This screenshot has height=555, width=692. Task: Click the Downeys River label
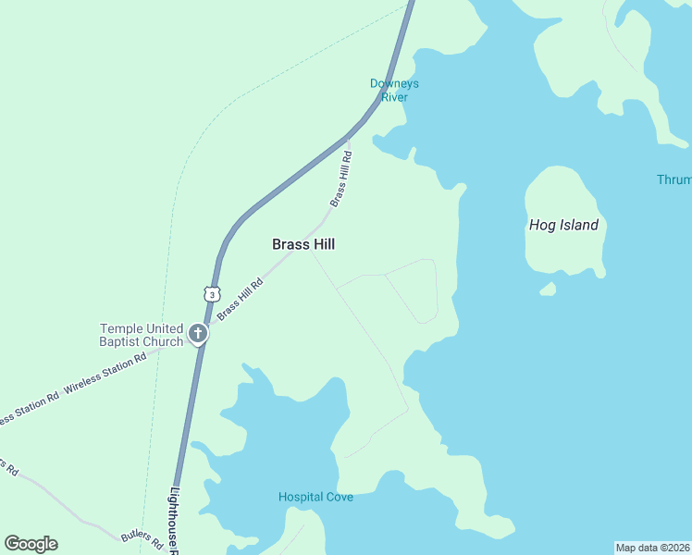pyautogui.click(x=394, y=90)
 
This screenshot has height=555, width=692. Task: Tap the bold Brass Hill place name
pyautogui.click(x=303, y=244)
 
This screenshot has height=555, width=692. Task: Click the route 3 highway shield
pyautogui.click(x=213, y=293)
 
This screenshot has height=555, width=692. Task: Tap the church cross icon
pyautogui.click(x=197, y=334)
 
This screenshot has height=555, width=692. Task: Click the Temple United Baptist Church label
pyautogui.click(x=142, y=335)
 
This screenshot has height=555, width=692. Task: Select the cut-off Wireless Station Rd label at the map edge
pyautogui.click(x=28, y=407)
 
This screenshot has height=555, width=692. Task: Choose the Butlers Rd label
pyautogui.click(x=142, y=537)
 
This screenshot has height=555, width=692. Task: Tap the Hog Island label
pyautogui.click(x=563, y=225)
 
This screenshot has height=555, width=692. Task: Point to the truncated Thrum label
pyautogui.click(x=674, y=179)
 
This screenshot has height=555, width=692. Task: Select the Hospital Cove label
pyautogui.click(x=315, y=497)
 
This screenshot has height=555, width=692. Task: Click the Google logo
pyautogui.click(x=31, y=544)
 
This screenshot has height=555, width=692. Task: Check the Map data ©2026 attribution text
pyautogui.click(x=652, y=548)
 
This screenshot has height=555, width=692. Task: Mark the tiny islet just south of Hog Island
pyautogui.click(x=549, y=290)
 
